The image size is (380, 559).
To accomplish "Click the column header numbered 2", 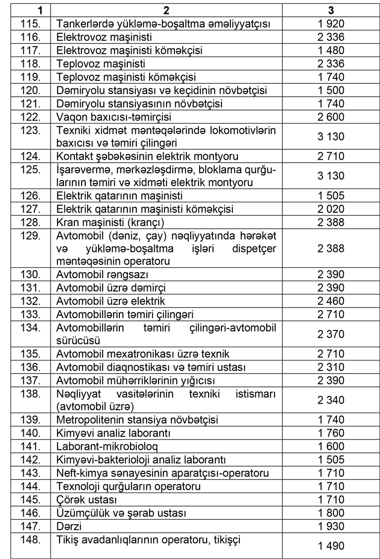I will click(166, 10).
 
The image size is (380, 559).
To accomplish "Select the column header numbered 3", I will click(330, 10).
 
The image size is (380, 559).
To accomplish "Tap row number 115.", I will click(31, 23).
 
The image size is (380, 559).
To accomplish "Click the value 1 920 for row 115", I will click(330, 23).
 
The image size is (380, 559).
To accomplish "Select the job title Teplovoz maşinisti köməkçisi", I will click(126, 77).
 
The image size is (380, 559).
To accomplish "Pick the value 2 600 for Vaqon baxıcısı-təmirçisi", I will click(330, 117).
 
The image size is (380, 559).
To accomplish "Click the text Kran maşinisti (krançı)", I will click(110, 222).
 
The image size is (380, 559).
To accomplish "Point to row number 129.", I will click(31, 236).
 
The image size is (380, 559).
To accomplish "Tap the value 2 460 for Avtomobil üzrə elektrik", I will click(330, 301).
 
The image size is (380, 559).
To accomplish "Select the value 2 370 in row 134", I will click(330, 334).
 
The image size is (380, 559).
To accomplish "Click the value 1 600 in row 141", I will click(330, 446).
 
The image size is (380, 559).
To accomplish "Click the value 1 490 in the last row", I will click(330, 546).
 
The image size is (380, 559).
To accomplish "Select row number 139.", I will click(31, 420).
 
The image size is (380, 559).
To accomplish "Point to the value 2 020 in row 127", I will click(330, 209).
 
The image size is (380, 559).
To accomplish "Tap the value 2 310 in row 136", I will click(330, 368).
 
